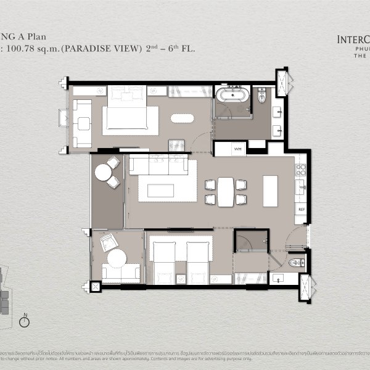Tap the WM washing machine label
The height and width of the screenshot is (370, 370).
[238, 149]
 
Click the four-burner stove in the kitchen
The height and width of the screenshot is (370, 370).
[300, 167]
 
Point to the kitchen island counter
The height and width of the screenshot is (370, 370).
[271, 191]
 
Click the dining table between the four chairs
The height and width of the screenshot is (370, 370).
[226, 191]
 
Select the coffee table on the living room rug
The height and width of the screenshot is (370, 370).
[160, 191]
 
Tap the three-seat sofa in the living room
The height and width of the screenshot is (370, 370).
[158, 165]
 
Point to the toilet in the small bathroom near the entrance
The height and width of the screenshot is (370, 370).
[296, 263]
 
